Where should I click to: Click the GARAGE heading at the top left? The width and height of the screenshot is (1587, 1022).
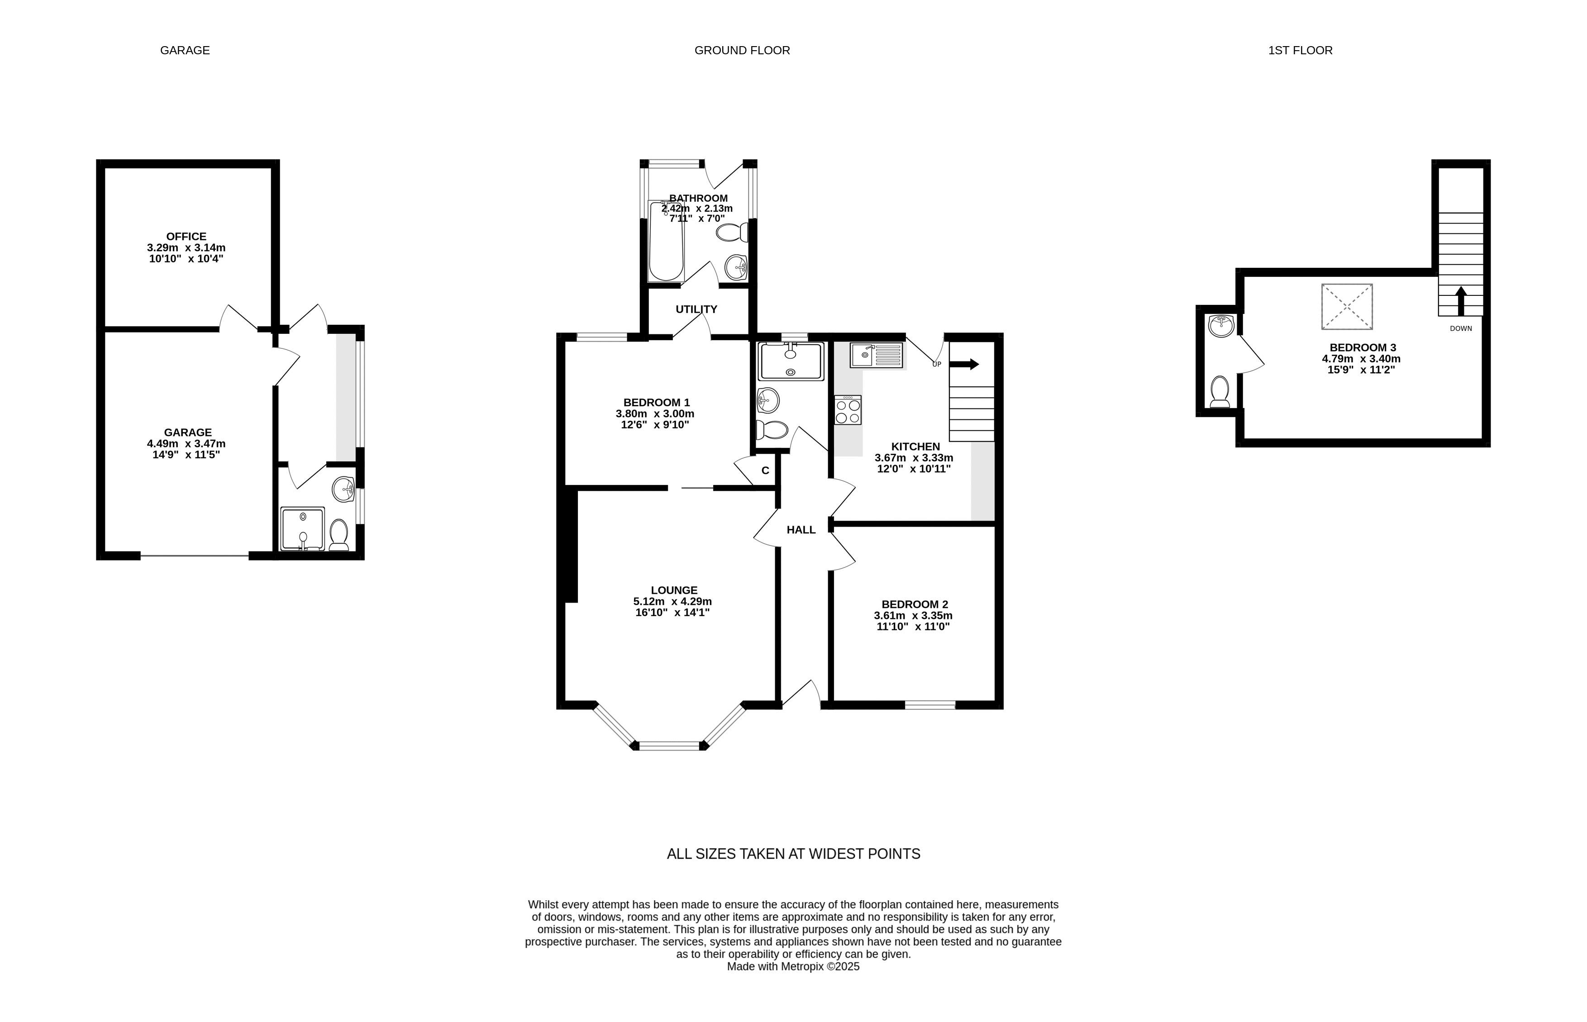(x=185, y=50)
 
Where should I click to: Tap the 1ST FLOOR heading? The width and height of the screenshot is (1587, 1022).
(x=1300, y=50)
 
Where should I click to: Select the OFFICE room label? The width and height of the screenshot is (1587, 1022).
(x=186, y=236)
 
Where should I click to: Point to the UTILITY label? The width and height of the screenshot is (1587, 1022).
(x=696, y=309)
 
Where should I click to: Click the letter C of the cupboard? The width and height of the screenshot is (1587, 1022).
(x=765, y=471)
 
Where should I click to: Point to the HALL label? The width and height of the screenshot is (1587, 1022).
(x=801, y=530)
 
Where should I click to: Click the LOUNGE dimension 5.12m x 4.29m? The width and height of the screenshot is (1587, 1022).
(x=672, y=601)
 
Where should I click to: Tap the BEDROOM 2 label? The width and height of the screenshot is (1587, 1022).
(x=914, y=604)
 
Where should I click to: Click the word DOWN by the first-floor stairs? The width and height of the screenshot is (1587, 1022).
(x=1461, y=328)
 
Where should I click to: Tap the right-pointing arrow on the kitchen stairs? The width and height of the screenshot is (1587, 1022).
(x=964, y=364)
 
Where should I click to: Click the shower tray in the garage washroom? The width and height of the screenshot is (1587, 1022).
(x=303, y=529)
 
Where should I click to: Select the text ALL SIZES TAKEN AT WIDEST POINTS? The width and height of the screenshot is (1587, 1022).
(x=793, y=854)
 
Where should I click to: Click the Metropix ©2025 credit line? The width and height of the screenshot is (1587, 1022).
(x=793, y=966)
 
